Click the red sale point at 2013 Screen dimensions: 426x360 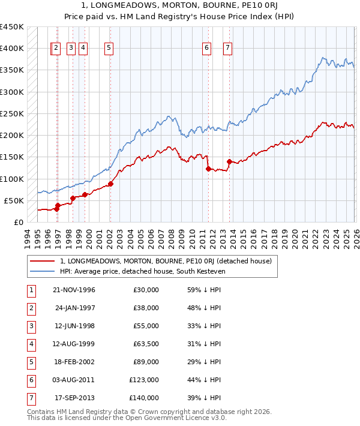(x=229, y=161)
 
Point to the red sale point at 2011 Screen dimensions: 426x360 (x=208, y=169)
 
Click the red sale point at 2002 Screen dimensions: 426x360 (x=110, y=184)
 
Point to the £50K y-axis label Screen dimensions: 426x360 (x=14, y=200)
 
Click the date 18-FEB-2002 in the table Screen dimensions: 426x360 (x=74, y=362)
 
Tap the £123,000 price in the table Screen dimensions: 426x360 (x=144, y=380)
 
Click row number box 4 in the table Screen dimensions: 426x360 (x=30, y=344)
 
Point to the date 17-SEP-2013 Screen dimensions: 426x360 (x=74, y=398)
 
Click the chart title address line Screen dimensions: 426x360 (x=180, y=6)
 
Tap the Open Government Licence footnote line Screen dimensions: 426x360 (x=127, y=418)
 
